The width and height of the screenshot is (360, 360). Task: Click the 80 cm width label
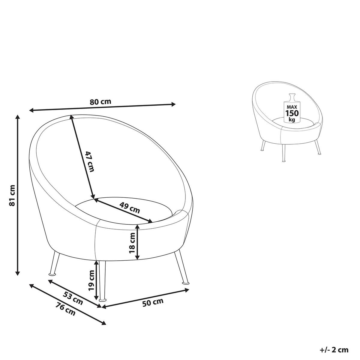(x=100, y=102)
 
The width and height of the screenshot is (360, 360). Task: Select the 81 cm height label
(x=12, y=195)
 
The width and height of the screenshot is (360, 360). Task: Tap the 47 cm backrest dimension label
(x=90, y=161)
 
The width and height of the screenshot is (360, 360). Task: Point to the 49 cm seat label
(x=130, y=207)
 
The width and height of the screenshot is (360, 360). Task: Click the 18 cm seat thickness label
(x=132, y=243)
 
